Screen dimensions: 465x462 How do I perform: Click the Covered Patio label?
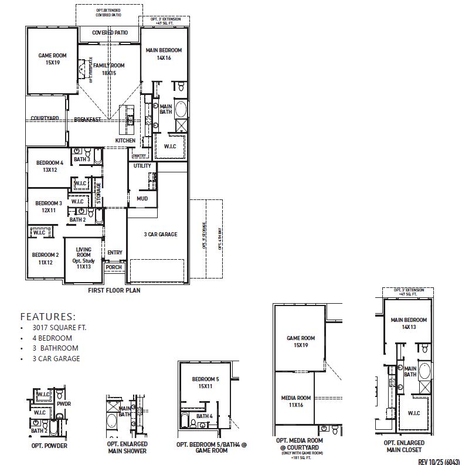pyautogui.click(x=110, y=33)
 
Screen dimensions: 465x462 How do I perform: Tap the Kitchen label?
pyautogui.click(x=125, y=141)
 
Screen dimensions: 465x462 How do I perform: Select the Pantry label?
pyautogui.click(x=139, y=156)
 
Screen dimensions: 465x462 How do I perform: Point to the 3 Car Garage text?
pyautogui.click(x=160, y=235)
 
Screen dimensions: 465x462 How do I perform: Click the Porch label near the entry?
pyautogui.click(x=114, y=267)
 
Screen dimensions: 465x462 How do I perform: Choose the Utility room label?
pyautogui.click(x=142, y=166)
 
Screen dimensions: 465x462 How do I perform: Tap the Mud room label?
pyautogui.click(x=142, y=199)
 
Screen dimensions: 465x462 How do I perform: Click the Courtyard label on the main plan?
pyautogui.click(x=45, y=118)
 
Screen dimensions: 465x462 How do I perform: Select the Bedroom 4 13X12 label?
pyautogui.click(x=49, y=167)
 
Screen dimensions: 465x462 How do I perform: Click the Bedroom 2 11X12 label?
pyautogui.click(x=45, y=259)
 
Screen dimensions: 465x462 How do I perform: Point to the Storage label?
pyautogui.click(x=99, y=193)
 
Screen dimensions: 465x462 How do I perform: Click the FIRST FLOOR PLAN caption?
pyautogui.click(x=114, y=290)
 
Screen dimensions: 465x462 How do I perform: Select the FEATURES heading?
pyautogui.click(x=48, y=316)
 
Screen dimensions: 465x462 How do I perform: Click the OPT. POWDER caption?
pyautogui.click(x=49, y=446)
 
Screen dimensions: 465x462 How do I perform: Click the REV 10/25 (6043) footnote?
pyautogui.click(x=439, y=461)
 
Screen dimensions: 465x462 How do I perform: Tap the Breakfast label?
pyautogui.click(x=87, y=120)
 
